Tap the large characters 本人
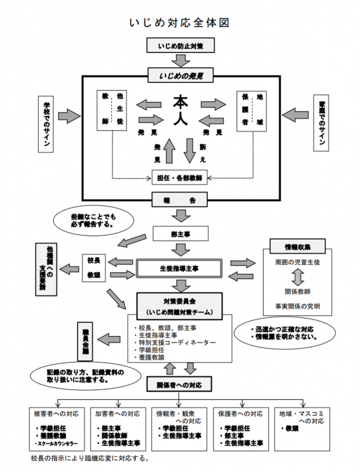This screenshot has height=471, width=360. point(180,110)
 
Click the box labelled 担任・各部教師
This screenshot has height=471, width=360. point(181,177)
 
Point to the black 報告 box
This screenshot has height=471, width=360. point(181,200)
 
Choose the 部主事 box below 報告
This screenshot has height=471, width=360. point(181,233)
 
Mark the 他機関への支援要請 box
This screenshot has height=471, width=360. point(45,268)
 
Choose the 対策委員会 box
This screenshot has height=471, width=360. point(181,306)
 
